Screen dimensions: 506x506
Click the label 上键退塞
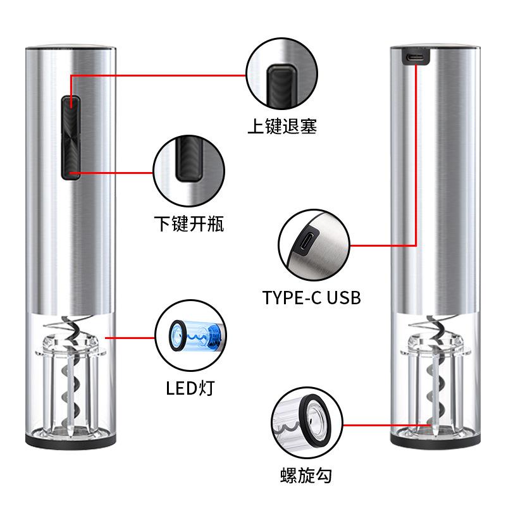[x=281, y=125]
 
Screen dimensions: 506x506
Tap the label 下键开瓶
[x=189, y=223]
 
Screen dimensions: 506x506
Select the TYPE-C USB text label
[x=312, y=296]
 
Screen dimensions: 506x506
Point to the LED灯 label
[x=190, y=387]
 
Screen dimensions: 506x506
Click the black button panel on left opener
[x=70, y=136]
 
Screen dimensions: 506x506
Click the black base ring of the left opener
[x=71, y=438]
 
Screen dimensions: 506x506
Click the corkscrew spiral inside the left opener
[x=70, y=379]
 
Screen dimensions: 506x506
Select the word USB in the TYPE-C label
[x=343, y=296]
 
